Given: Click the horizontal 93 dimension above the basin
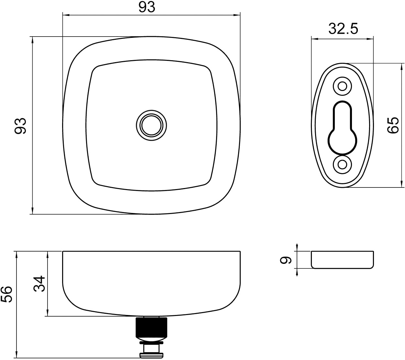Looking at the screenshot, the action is (147, 7).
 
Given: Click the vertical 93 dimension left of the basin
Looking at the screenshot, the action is (20, 126).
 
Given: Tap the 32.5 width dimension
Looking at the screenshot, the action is (343, 29).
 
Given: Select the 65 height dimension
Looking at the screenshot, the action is (393, 125).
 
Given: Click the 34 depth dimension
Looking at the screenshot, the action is (39, 284).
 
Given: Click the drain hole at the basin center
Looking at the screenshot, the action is (151, 126).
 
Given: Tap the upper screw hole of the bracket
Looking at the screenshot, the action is (342, 86).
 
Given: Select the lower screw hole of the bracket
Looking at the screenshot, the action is (342, 165).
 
